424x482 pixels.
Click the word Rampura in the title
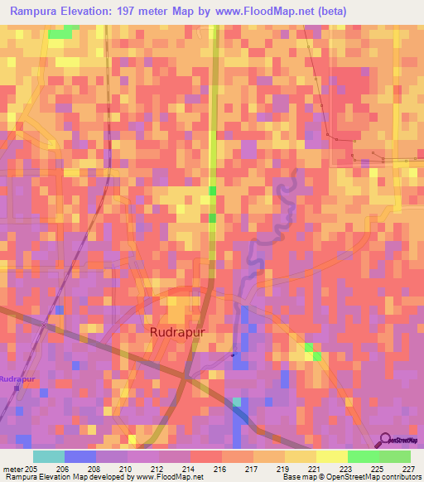point(36,11)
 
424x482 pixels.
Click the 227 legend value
point(408,467)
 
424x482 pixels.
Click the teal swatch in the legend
point(48,456)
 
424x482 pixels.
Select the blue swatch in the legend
point(80,456)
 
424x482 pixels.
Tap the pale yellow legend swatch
point(331,456)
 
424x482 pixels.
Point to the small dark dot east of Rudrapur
point(233,355)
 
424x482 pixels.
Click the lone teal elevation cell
point(238,402)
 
